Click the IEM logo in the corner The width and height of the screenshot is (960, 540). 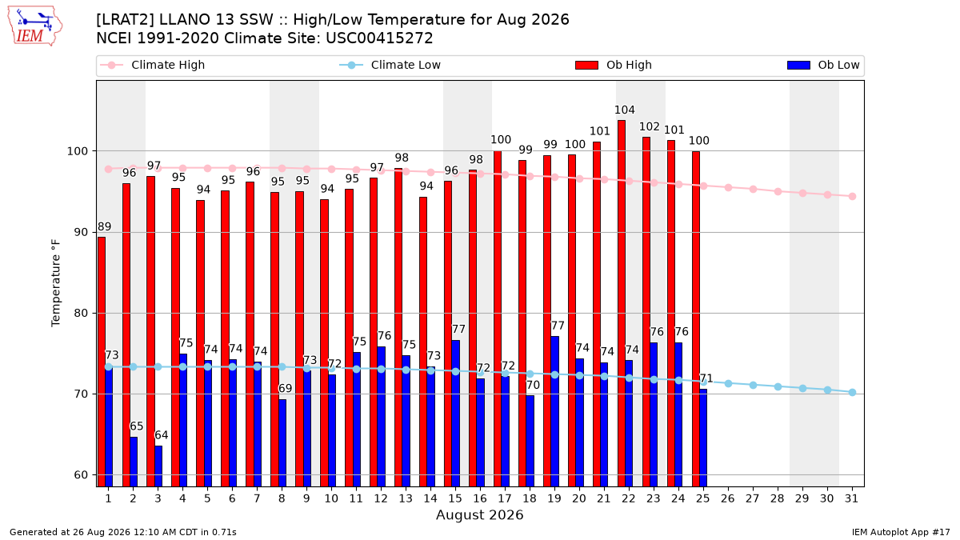pos(35,26)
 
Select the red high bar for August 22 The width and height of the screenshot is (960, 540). pos(622,303)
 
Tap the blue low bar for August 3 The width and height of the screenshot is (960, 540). pos(158,466)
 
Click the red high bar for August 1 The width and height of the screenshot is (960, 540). pos(102,362)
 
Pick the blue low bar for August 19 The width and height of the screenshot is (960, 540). pos(555,411)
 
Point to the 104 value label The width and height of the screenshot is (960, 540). pos(625,110)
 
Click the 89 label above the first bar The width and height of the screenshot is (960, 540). pos(105,226)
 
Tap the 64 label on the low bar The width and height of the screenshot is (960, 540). pos(162,435)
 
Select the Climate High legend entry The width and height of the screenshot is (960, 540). pos(153,65)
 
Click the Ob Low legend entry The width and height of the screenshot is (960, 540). pos(823,65)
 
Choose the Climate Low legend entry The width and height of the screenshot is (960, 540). pos(390,65)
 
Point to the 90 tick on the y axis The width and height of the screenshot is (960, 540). pos(79,232)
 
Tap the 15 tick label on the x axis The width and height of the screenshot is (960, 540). pos(455,498)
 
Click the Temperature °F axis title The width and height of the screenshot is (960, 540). pos(56,283)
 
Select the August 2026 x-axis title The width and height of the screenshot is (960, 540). pos(479,514)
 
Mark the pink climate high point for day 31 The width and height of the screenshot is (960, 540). pos(853,196)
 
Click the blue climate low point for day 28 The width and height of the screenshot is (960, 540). pos(778,386)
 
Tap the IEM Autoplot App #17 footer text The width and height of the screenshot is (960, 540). pos(901,532)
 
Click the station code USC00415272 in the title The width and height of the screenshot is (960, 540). pos(379,38)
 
